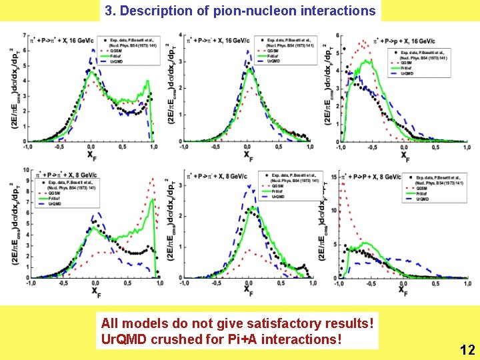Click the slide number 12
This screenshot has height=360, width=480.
(467, 349)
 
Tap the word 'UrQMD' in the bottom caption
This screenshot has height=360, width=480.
(122, 339)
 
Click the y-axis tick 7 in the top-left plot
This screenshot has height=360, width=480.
(25, 35)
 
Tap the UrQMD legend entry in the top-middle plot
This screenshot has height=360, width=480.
(273, 61)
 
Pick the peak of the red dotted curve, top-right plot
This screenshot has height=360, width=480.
(363, 42)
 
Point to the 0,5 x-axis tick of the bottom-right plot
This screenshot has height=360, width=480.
(433, 283)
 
